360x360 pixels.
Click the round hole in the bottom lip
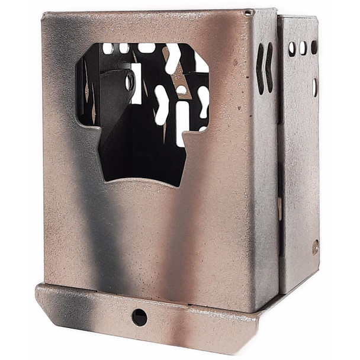tap(139, 317)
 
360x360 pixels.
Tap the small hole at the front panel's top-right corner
tap(248, 12)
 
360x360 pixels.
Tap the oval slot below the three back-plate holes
tap(314, 88)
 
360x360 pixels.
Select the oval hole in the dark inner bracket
tap(129, 81)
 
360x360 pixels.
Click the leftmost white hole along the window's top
tap(108, 49)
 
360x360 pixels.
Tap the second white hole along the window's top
tap(124, 48)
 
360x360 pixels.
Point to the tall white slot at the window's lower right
tap(182, 122)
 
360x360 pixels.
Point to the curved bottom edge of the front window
tap(142, 181)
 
